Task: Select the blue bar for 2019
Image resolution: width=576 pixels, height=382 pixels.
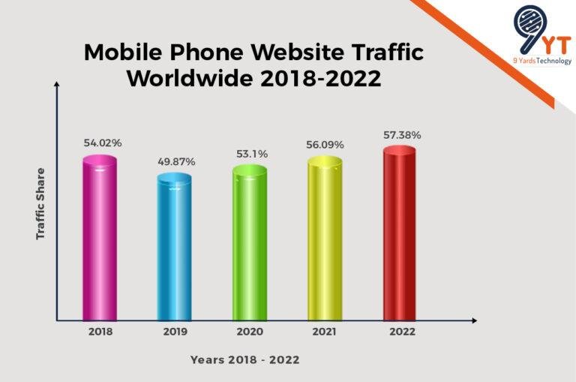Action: pos(174,248)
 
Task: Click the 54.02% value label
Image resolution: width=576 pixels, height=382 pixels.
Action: pos(102,143)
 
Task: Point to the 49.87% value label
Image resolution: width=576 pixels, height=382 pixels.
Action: pos(176,161)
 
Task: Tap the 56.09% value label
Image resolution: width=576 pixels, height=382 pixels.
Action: pos(325,144)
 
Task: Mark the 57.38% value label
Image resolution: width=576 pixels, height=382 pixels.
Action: pos(401,135)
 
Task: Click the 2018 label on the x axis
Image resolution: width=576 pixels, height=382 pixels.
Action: pos(100,331)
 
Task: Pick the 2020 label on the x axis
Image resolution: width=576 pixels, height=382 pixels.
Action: pos(250,331)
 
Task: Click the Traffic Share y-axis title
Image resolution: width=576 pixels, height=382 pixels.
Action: pos(41,203)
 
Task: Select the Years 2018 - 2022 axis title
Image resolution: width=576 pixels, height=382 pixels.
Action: pos(244,360)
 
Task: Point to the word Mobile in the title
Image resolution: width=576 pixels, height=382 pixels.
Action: pos(121,53)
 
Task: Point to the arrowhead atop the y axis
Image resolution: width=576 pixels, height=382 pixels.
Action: pos(56,86)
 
